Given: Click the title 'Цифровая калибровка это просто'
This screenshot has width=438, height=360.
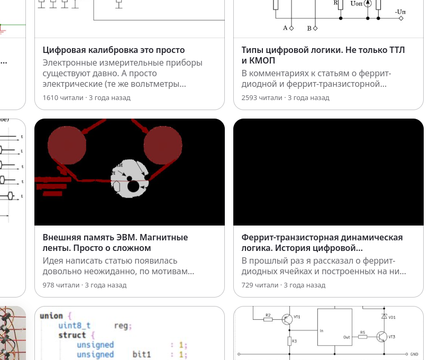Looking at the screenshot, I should click(114, 50).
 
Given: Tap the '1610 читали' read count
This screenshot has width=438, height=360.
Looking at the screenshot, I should click(63, 97).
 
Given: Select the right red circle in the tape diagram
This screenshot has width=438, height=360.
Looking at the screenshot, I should click(163, 145).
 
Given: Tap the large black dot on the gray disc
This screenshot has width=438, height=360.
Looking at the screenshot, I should click(133, 186).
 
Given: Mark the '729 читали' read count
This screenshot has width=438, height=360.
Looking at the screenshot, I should click(260, 285).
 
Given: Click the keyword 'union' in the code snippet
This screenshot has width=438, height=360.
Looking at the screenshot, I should click(51, 316).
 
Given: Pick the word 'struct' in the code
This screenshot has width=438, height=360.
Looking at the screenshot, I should click(72, 335).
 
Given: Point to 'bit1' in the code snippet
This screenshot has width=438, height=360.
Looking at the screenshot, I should click(142, 354).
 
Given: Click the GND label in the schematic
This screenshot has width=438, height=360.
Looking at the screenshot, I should click(415, 354).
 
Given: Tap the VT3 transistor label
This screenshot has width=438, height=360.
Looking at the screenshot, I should click(392, 337).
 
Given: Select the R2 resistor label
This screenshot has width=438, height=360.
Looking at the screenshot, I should click(268, 314).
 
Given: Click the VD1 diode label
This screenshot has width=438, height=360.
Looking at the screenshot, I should click(392, 317).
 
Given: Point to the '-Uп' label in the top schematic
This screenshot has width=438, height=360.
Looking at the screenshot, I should click(400, 11).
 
